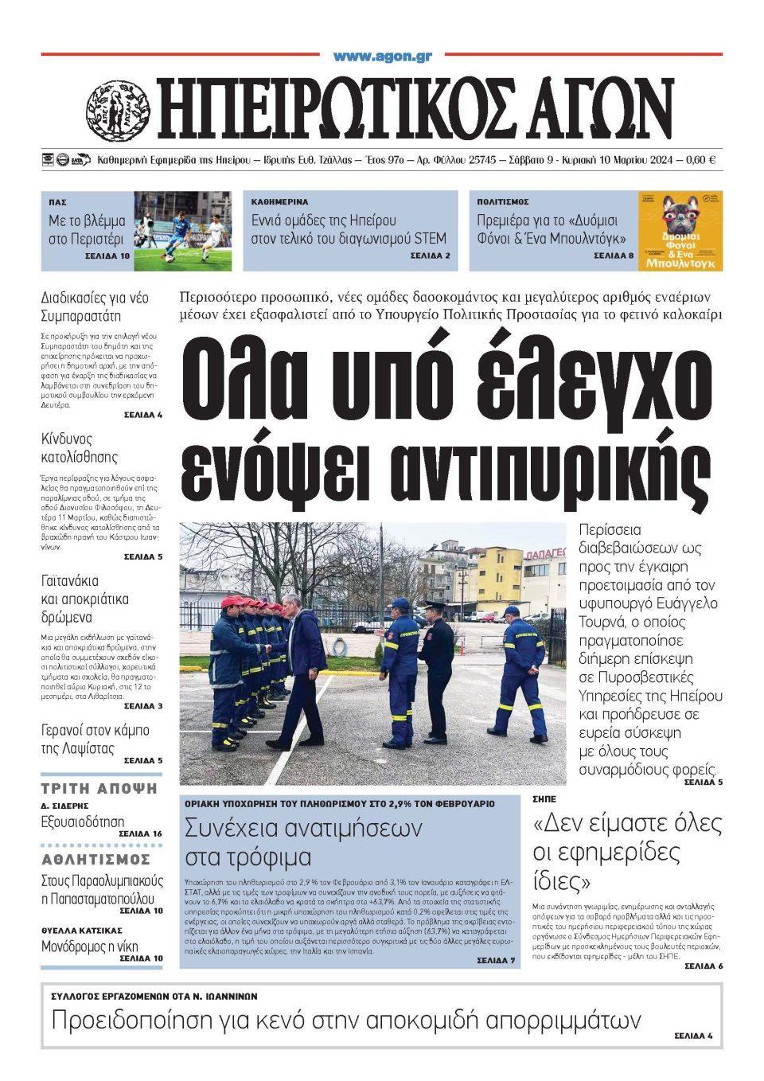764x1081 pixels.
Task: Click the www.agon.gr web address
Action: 382,57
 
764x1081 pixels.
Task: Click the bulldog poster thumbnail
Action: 680,231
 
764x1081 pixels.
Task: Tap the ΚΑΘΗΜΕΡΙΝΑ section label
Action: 279,202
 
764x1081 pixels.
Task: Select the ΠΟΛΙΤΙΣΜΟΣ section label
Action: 503,202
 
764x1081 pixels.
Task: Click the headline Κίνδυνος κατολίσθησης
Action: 80,448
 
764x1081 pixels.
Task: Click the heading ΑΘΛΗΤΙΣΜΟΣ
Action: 95,860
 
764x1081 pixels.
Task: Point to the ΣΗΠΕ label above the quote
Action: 544,798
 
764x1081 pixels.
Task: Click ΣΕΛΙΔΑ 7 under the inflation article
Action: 496,961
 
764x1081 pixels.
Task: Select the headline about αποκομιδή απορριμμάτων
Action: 346,1020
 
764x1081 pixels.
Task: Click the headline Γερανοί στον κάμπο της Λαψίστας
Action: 95,740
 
